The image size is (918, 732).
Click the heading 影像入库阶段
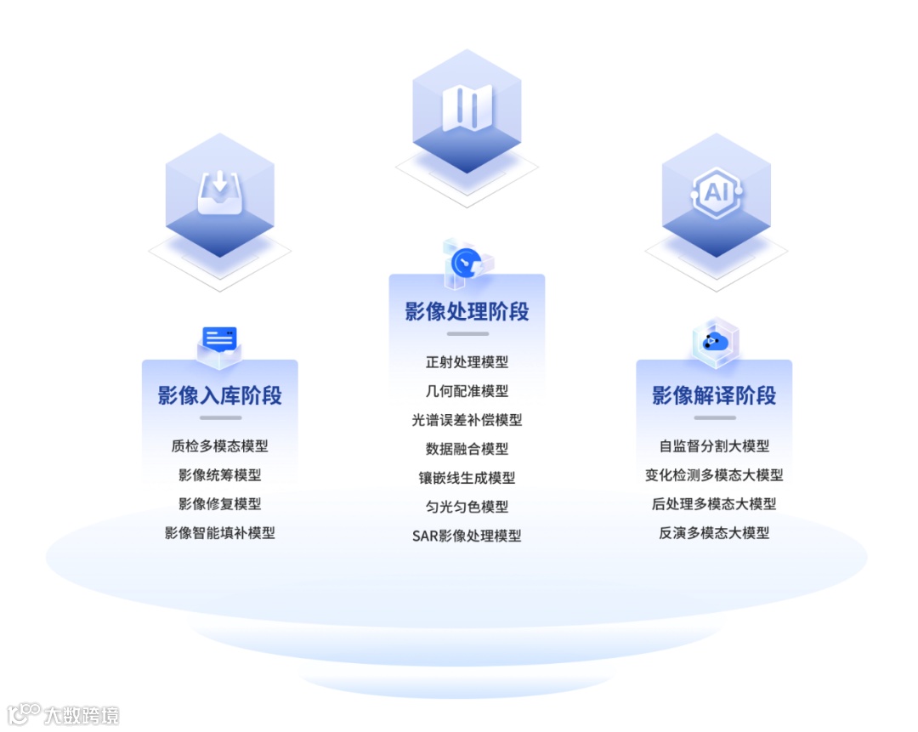click(219, 395)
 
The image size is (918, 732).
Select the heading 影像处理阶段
click(467, 311)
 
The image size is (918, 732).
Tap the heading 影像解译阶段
click(714, 395)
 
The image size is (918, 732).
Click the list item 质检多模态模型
click(219, 445)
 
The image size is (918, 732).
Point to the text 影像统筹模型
click(219, 474)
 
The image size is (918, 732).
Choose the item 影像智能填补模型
click(219, 533)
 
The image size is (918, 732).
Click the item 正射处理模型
click(467, 361)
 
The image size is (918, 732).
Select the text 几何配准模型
click(467, 391)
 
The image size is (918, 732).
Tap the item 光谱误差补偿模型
click(467, 420)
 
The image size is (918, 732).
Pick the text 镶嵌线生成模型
click(467, 478)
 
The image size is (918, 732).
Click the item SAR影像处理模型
click(467, 536)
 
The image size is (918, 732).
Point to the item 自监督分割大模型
click(714, 445)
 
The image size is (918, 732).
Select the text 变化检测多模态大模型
click(714, 474)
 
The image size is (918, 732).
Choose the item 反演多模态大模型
click(714, 533)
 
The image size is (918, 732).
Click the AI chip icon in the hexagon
click(717, 192)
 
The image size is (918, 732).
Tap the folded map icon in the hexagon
click(467, 108)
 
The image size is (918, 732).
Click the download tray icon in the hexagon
click(219, 193)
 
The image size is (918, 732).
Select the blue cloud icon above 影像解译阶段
click(715, 342)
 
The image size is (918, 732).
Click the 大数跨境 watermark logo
click(64, 714)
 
